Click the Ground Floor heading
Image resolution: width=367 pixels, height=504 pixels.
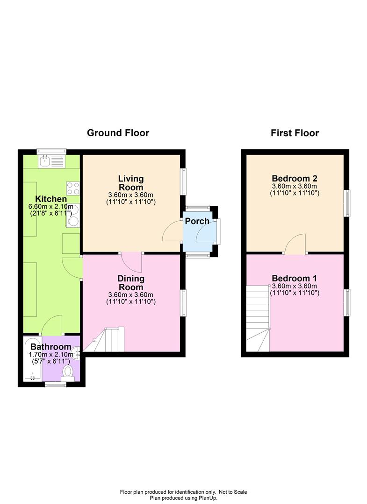(x=118, y=133)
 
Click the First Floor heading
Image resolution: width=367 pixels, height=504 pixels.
(x=295, y=133)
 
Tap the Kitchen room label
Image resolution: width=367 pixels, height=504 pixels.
(x=51, y=199)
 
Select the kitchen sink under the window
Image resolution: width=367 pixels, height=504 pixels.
(x=51, y=161)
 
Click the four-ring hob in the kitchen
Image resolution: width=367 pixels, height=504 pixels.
(x=73, y=189)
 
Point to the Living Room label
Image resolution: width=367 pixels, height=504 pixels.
(x=131, y=183)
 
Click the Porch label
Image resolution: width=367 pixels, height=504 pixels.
(x=197, y=221)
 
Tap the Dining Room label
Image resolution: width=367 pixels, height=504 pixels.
(x=131, y=283)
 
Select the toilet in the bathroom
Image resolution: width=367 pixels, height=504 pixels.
(x=68, y=372)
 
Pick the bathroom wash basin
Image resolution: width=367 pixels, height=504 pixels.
(x=76, y=353)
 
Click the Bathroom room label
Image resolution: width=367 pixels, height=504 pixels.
(x=51, y=347)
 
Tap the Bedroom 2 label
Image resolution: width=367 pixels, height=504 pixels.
(x=295, y=178)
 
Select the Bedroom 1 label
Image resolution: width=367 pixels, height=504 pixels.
(x=295, y=278)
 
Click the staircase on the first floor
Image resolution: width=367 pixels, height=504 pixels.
(x=258, y=318)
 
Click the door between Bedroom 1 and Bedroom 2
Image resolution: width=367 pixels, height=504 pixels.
(x=295, y=244)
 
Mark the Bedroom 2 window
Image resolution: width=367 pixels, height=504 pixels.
(x=348, y=203)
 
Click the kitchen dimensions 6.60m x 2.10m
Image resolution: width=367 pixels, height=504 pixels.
(x=51, y=206)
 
